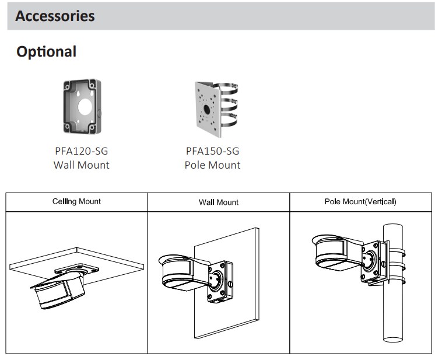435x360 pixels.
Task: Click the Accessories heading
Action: [x=55, y=16]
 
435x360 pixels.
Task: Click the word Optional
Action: [x=46, y=51]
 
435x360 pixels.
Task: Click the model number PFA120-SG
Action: [x=81, y=151]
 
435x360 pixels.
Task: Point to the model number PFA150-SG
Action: [x=212, y=151]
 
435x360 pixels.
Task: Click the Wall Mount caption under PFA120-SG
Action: [x=81, y=165]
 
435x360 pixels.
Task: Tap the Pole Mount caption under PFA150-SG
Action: [x=212, y=165]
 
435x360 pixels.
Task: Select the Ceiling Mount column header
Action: [x=76, y=201]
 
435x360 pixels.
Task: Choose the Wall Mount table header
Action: [x=219, y=202]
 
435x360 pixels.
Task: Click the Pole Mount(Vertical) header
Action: [x=360, y=201]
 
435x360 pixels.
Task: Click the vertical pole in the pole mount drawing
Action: [x=393, y=315]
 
